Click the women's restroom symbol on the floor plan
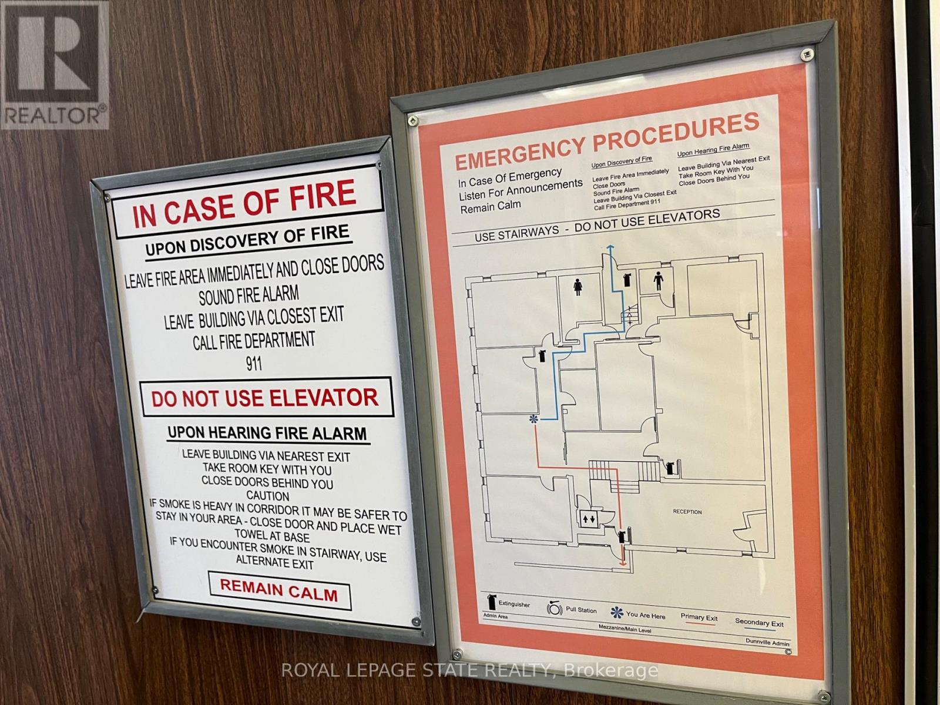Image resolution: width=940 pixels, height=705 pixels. coord(578,287)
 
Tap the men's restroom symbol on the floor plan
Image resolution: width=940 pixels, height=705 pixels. coord(658,281)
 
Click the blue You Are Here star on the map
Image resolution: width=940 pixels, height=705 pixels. coord(533,419)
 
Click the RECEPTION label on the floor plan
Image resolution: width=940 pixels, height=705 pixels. coord(687,512)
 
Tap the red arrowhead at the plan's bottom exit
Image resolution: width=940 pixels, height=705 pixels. coord(623,564)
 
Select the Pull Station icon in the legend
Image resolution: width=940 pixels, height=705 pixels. coord(555,608)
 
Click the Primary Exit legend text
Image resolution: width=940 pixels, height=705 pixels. coord(699,617)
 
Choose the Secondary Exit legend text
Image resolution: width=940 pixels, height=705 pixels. coord(759,622)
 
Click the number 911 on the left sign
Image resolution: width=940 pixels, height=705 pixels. coord(254,364)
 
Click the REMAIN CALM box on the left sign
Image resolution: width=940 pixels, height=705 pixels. coord(280,590)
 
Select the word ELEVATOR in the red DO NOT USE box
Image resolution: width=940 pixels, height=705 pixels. coord(322,398)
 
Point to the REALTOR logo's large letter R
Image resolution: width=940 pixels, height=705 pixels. coord(53,53)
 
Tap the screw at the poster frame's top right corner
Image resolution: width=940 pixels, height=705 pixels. coord(807,54)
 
